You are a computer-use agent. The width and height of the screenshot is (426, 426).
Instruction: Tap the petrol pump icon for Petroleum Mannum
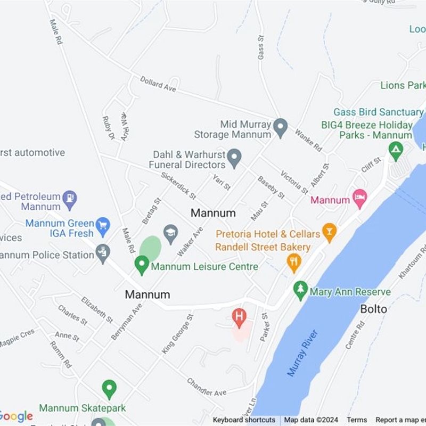(69, 200)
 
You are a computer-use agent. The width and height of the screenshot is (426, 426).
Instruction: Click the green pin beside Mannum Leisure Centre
(141, 264)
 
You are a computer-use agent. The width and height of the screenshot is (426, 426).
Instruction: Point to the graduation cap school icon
(170, 234)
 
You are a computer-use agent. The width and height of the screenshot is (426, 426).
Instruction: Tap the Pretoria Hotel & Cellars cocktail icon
(330, 232)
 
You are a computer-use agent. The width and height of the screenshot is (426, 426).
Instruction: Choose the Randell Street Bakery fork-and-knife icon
(294, 261)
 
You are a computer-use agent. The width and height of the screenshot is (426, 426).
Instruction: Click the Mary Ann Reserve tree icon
(301, 290)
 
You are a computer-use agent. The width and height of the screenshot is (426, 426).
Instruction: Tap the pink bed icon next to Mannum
(360, 199)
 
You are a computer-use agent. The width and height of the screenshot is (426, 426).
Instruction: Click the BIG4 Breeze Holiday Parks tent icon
(396, 151)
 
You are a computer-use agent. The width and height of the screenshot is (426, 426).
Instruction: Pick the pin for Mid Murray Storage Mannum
(281, 127)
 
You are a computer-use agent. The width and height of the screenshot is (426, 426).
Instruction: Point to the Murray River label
(302, 353)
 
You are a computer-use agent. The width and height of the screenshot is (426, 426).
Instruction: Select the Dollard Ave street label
(158, 84)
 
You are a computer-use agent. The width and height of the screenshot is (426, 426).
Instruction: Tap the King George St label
(178, 334)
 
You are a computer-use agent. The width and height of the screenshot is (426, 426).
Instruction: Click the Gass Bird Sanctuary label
(378, 112)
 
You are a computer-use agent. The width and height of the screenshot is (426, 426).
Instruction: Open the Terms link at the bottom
(357, 420)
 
